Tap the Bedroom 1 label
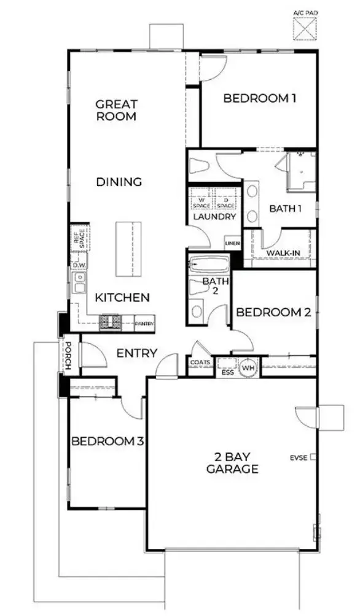256,98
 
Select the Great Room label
116,110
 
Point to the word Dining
119,182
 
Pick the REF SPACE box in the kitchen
79,238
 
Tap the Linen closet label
232,244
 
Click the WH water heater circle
248,367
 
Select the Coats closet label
201,363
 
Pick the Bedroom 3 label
108,441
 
